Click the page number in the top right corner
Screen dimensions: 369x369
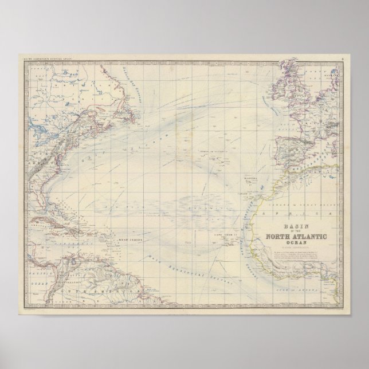click(x=341, y=57)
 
